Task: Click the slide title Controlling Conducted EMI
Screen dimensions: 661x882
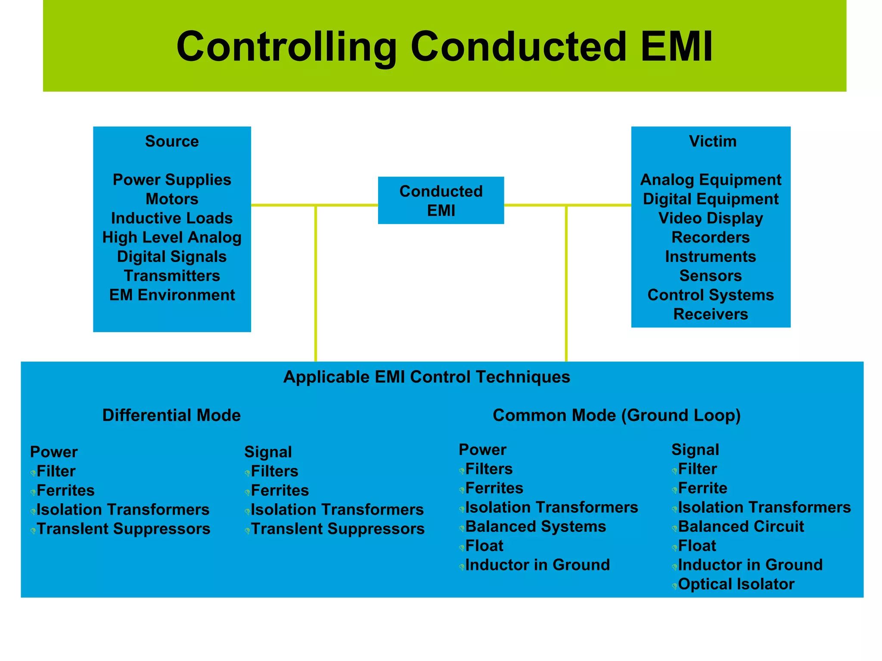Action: (444, 47)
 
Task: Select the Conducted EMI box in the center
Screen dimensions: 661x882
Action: (441, 200)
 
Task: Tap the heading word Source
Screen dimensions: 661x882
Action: (172, 141)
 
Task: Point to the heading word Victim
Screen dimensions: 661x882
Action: (712, 141)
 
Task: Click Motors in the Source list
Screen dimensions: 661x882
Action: (172, 199)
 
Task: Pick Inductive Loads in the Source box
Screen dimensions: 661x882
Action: (172, 218)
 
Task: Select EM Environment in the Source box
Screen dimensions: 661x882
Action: (172, 295)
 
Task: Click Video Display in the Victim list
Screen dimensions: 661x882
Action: (711, 218)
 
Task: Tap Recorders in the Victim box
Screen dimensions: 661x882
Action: (711, 237)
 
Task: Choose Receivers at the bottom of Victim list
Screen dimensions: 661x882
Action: (711, 314)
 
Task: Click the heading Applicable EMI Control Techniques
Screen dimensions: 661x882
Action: (426, 377)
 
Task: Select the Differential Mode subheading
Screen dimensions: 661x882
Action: (171, 415)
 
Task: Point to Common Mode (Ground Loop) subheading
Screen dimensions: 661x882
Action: (616, 415)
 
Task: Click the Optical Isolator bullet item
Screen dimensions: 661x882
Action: (736, 584)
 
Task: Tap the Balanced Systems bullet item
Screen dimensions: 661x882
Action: (535, 527)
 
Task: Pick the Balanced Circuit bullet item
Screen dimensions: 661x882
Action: (741, 527)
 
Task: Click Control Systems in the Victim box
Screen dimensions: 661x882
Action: (711, 295)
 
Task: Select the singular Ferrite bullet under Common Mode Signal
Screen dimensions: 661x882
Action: (702, 488)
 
